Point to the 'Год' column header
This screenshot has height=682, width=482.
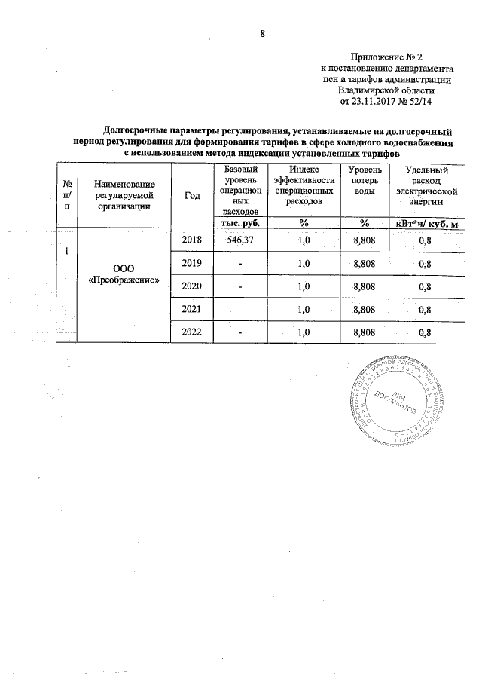pyautogui.click(x=192, y=195)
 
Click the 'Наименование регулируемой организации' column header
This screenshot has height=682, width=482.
pyautogui.click(x=125, y=195)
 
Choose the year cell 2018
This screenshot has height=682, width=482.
pyautogui.click(x=193, y=239)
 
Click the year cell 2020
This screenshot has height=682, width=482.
pyautogui.click(x=193, y=286)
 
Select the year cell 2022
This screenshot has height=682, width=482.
pyautogui.click(x=193, y=332)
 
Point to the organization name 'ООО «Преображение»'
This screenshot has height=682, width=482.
pyautogui.click(x=125, y=273)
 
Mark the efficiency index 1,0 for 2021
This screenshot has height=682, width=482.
pyautogui.click(x=304, y=310)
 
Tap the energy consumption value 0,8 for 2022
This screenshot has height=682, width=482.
pyautogui.click(x=425, y=333)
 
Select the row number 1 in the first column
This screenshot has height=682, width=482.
pyautogui.click(x=68, y=252)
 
